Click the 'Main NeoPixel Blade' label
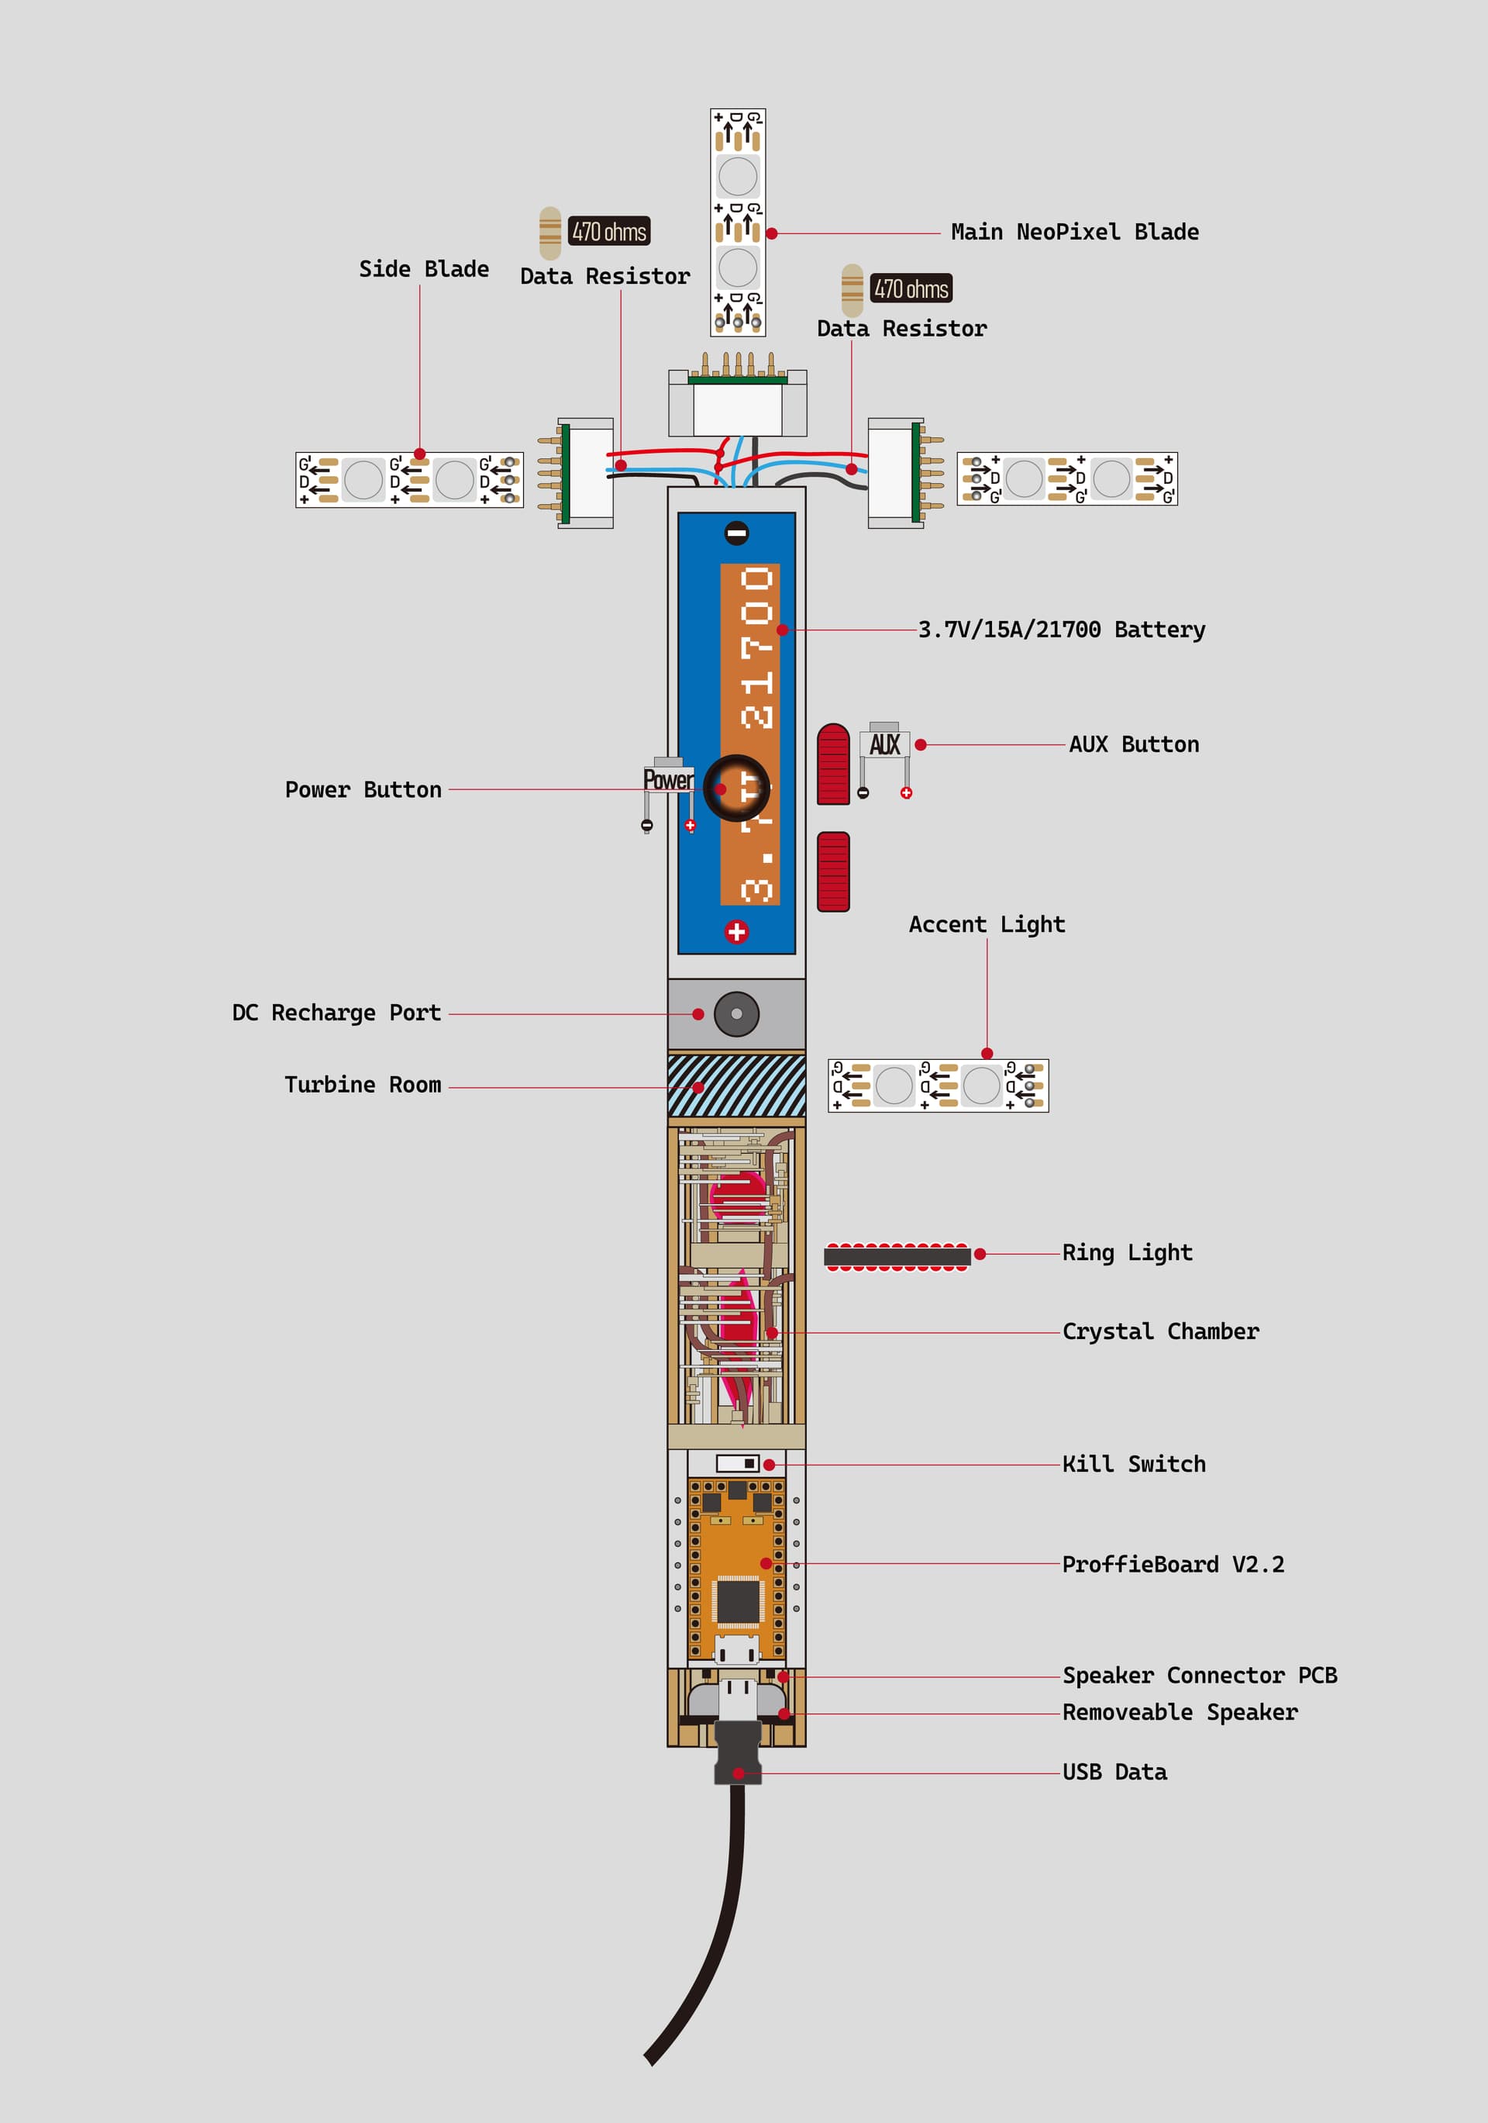(1074, 232)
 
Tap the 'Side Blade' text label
(423, 269)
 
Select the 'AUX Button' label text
(1133, 744)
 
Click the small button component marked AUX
(884, 744)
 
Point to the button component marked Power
(668, 779)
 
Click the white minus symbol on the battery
(736, 533)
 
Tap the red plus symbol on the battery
(736, 931)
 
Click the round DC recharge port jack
(736, 1013)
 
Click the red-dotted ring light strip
(897, 1255)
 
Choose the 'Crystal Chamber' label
(1160, 1331)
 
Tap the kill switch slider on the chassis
(738, 1464)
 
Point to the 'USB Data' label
(1114, 1772)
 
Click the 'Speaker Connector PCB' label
(1199, 1676)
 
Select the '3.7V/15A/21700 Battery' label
(1061, 630)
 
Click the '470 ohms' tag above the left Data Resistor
(609, 231)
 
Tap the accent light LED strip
(937, 1086)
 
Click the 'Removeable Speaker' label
(1180, 1713)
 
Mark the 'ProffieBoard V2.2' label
(1172, 1565)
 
